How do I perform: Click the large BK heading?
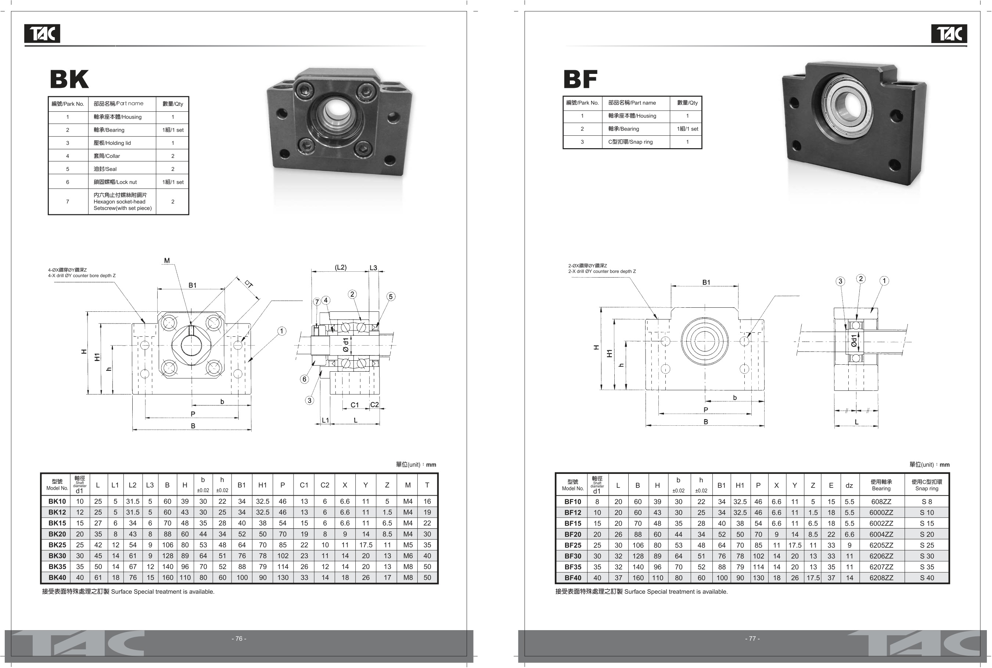pos(69,79)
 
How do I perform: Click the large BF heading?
pos(580,79)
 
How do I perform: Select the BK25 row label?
pos(57,545)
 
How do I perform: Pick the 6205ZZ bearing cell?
pos(881,545)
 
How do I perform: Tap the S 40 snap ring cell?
pos(927,578)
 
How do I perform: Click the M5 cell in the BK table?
pos(408,545)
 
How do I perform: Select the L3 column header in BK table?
pos(150,485)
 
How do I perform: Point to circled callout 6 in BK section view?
pos(304,379)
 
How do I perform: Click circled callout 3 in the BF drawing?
pos(840,281)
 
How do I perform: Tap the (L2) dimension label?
pos(341,268)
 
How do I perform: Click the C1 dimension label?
pos(355,405)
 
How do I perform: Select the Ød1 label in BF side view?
pos(854,341)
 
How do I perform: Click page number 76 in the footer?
pos(239,639)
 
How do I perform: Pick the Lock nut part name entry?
pos(115,182)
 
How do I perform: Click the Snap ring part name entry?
pos(630,142)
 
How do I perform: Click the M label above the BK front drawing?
pos(167,261)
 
